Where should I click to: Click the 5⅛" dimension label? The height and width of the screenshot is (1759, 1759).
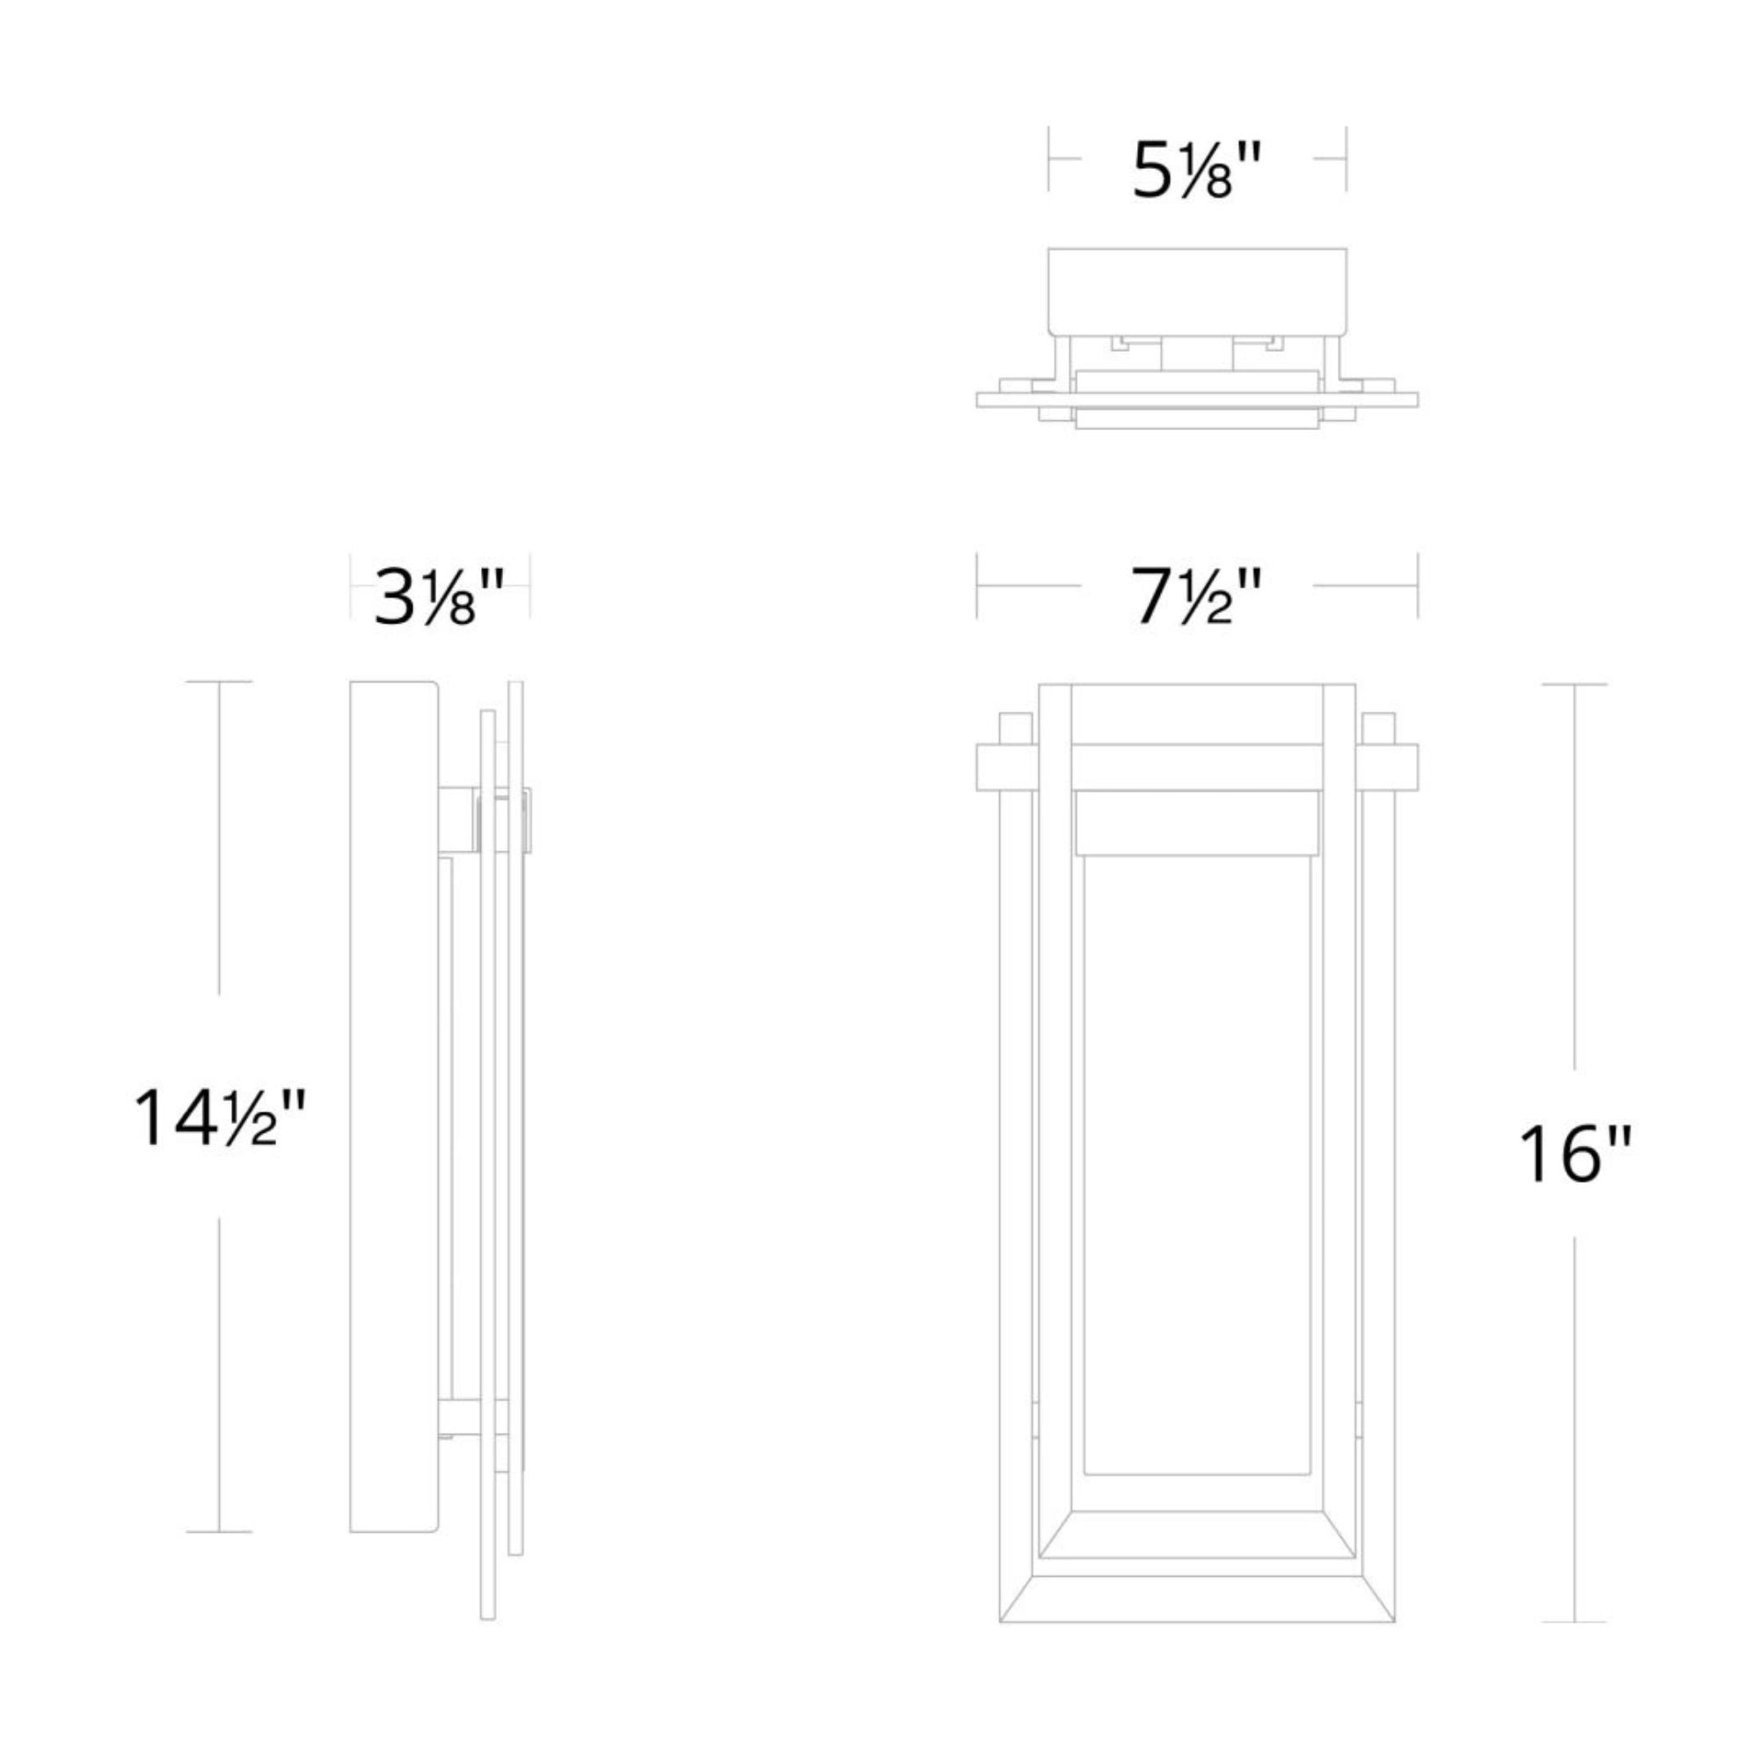tap(1196, 171)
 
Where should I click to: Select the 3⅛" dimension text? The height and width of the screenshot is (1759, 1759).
tap(440, 596)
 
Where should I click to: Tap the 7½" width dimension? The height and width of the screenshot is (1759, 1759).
tap(1197, 597)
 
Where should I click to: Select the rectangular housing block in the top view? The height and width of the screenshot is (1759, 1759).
tap(1197, 291)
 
